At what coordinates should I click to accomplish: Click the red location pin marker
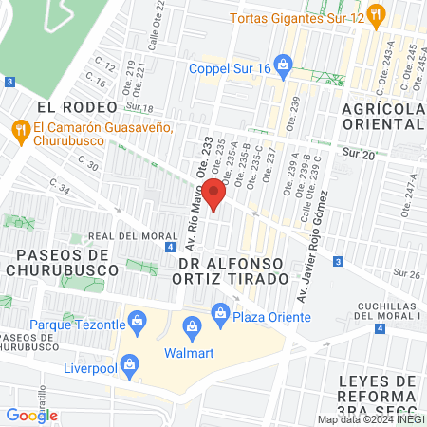[x=215, y=194]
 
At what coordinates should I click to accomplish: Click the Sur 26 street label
[x=405, y=274]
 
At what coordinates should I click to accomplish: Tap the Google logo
[x=32, y=415]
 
